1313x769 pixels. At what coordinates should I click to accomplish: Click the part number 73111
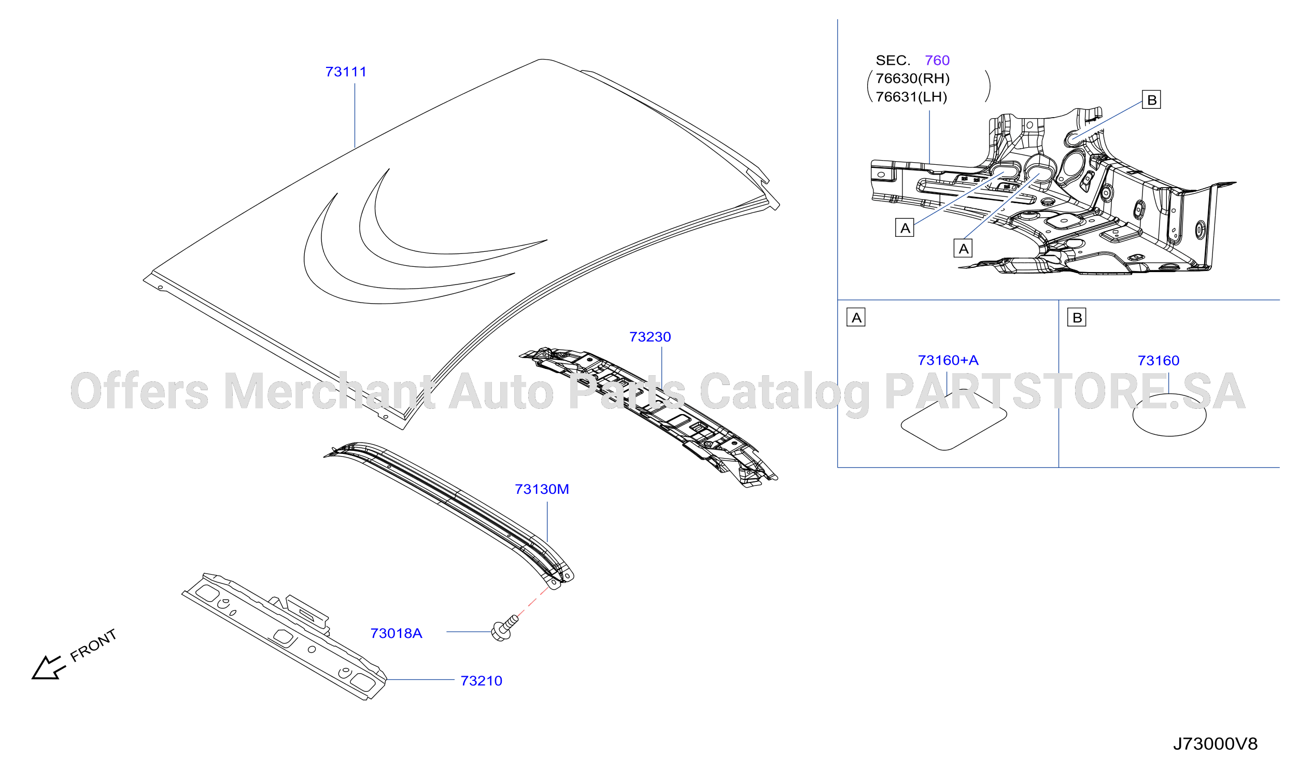point(346,72)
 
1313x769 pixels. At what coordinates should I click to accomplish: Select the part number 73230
point(650,337)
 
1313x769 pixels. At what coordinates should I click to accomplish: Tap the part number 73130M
point(542,489)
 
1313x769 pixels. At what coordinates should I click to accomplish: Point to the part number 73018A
point(396,634)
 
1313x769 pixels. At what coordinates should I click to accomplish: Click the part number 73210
point(482,681)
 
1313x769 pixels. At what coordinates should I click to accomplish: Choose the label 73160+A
point(948,361)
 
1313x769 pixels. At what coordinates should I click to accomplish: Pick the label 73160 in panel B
point(1159,361)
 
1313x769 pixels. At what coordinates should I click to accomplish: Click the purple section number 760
point(937,61)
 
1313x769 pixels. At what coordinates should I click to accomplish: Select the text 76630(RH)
point(913,79)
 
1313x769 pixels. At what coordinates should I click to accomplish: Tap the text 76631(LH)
point(912,97)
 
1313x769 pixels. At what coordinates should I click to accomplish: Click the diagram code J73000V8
point(1216,744)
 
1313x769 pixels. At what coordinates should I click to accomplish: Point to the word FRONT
point(94,646)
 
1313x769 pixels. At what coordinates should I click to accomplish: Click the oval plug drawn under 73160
point(1170,415)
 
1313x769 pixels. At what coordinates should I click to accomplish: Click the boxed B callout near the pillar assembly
point(1151,99)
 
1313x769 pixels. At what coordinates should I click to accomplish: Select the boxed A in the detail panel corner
point(856,317)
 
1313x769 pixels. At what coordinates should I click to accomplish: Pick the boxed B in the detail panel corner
point(1077,317)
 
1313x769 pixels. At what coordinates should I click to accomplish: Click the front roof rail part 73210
point(285,637)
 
